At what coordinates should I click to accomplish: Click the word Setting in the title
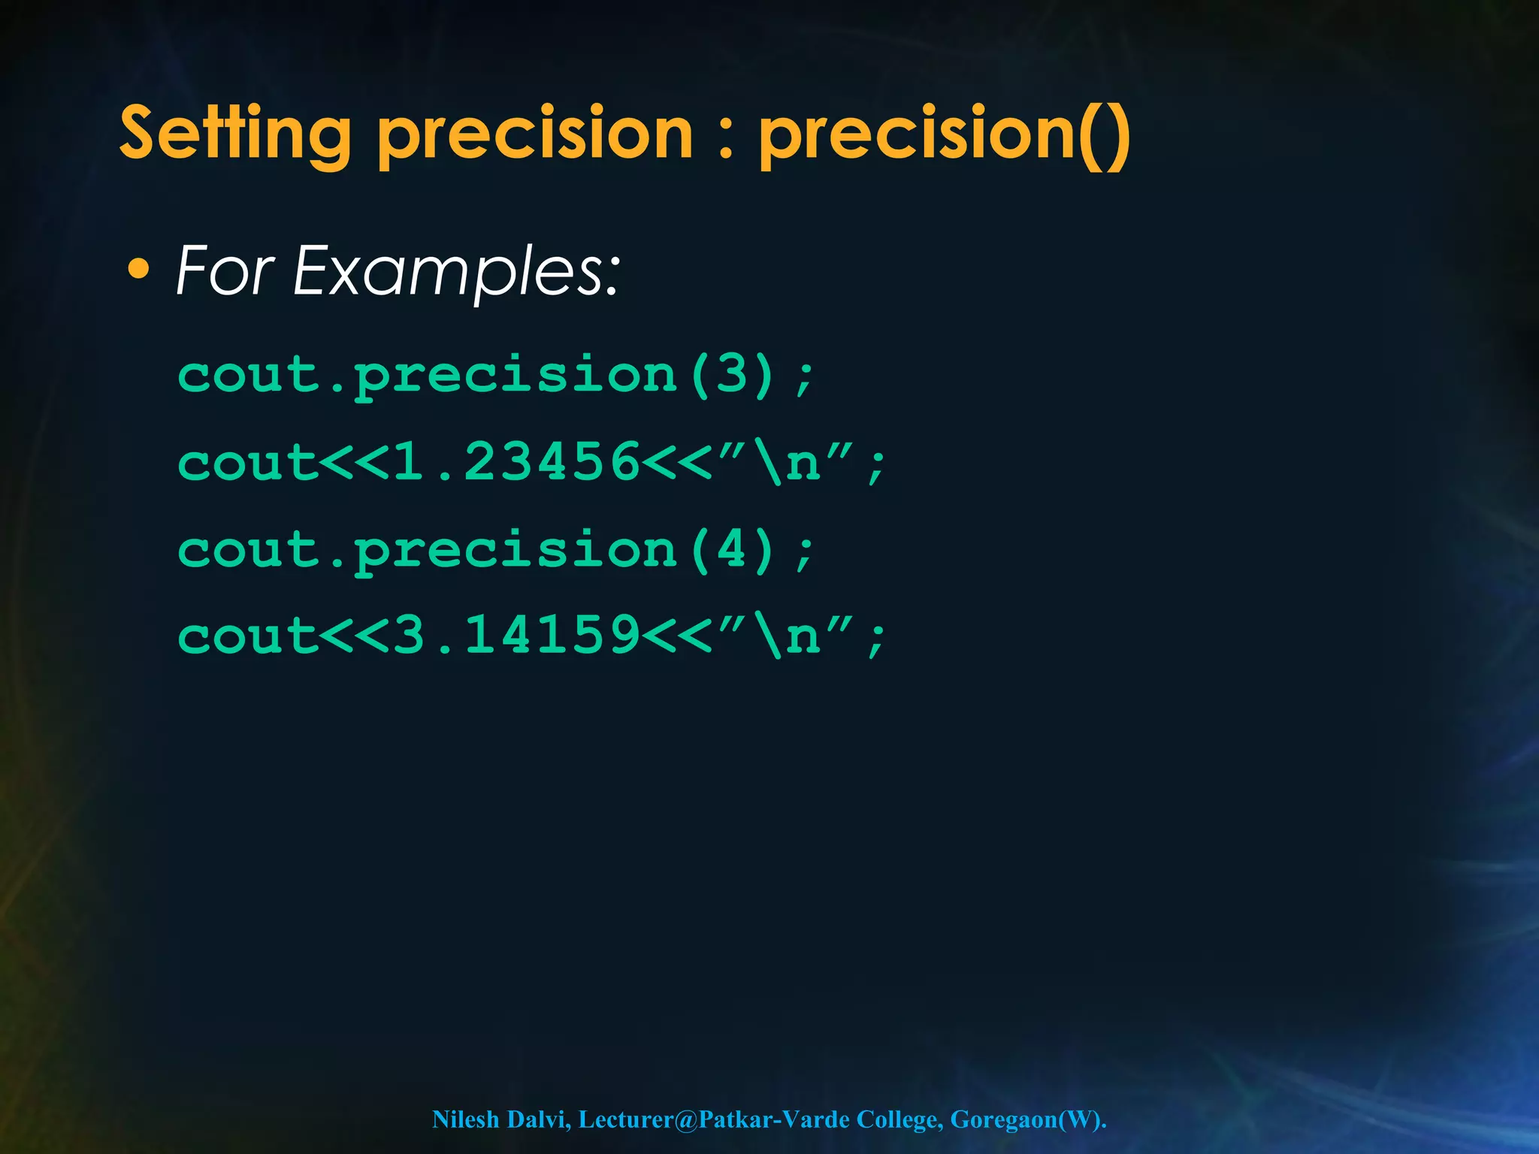click(x=235, y=135)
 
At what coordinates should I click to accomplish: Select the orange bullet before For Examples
click(x=138, y=269)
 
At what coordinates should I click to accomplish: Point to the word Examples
click(x=456, y=272)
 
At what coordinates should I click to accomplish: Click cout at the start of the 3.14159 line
click(x=247, y=636)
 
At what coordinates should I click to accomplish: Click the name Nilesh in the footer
click(x=465, y=1119)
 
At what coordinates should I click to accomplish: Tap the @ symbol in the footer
click(x=686, y=1119)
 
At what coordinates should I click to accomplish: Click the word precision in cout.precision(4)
click(x=516, y=551)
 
